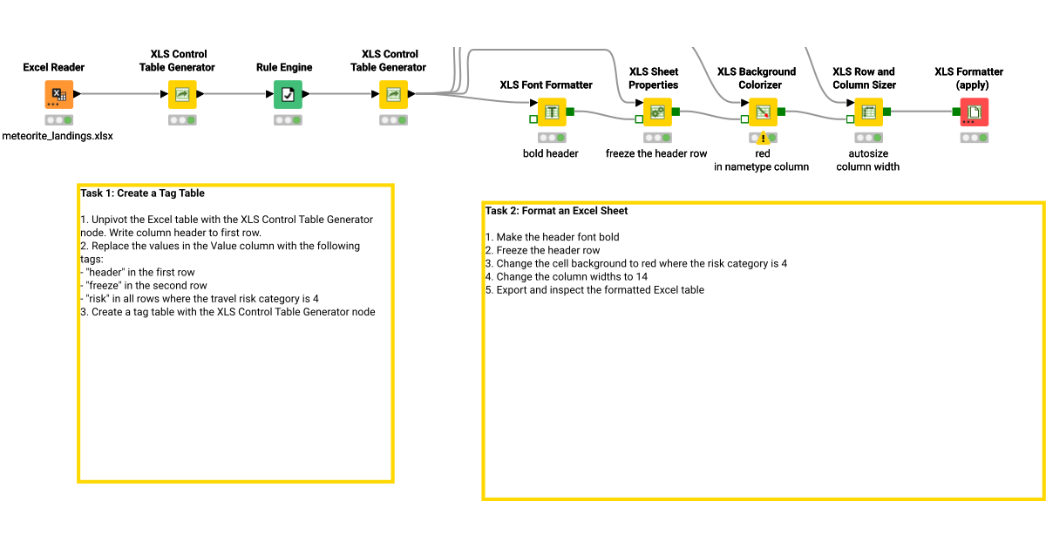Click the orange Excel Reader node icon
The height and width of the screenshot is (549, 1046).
pos(59,94)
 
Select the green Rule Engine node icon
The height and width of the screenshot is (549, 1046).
pos(288,94)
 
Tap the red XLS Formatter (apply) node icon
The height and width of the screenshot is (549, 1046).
pos(975,112)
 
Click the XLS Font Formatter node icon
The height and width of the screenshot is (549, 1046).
pos(552,112)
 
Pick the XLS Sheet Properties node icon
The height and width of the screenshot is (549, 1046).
pos(657,112)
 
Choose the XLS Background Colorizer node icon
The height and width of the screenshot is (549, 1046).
pos(763,112)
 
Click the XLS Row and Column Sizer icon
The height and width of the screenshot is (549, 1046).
pos(868,112)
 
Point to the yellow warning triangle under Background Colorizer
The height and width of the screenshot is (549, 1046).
pos(763,139)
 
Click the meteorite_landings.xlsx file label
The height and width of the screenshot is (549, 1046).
pos(58,136)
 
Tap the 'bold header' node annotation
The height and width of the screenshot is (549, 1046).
pos(551,153)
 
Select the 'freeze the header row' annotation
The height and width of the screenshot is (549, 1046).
pos(656,153)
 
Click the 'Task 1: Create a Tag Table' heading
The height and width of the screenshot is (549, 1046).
pos(142,193)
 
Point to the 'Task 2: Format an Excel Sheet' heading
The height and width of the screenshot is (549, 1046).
pos(556,211)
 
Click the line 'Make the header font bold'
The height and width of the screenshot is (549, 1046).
pos(552,237)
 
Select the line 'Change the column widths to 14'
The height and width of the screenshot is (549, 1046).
pos(567,277)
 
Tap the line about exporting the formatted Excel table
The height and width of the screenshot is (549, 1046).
pos(594,290)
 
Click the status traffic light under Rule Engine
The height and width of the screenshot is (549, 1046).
pos(288,120)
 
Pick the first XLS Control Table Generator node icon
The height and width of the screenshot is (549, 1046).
pos(182,94)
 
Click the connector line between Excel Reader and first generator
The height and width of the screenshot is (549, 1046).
pos(121,94)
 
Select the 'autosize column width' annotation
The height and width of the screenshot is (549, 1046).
pos(867,160)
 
